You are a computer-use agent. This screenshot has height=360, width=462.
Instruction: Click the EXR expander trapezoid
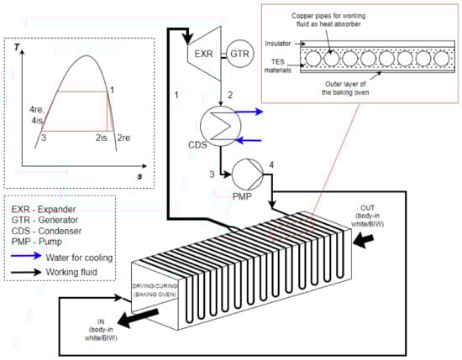204,54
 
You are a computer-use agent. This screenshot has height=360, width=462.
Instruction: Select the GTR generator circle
239,54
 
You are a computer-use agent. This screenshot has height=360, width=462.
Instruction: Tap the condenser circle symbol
220,126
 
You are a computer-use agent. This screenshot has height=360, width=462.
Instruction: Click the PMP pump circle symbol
248,175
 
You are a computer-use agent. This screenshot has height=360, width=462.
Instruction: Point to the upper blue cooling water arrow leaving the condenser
249,112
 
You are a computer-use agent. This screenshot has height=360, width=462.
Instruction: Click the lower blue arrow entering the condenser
249,140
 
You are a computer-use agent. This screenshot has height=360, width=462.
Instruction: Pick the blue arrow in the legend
26,255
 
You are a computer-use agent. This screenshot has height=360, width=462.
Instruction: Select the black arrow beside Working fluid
26,272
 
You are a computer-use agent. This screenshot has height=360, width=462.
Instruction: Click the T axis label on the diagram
17,47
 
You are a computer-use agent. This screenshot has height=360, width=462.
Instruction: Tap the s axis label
139,176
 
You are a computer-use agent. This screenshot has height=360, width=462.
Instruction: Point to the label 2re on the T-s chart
123,138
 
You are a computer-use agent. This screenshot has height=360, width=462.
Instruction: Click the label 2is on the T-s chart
102,138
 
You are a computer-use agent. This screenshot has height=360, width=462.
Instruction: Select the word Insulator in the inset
278,44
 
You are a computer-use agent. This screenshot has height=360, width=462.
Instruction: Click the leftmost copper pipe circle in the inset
313,58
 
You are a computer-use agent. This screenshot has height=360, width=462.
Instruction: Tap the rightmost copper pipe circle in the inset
442,58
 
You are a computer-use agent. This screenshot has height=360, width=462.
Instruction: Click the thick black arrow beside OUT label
364,241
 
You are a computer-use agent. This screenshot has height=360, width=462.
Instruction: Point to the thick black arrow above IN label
138,317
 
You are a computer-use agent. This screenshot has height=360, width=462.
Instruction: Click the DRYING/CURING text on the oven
155,286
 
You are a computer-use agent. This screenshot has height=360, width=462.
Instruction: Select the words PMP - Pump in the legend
36,242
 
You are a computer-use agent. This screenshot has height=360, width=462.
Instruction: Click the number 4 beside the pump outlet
271,164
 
